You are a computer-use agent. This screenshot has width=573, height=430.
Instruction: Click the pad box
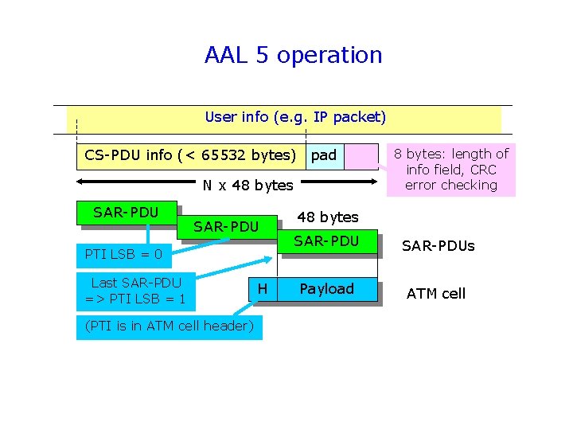[x=324, y=155]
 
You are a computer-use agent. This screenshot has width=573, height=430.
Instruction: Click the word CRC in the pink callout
[x=483, y=170]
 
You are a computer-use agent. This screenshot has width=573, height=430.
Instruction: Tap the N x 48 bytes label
[x=248, y=186]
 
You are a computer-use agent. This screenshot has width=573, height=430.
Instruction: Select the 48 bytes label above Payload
[x=327, y=217]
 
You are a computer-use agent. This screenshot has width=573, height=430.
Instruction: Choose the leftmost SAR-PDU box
[x=126, y=213]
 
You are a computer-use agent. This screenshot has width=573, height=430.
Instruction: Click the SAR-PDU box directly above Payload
[x=327, y=241]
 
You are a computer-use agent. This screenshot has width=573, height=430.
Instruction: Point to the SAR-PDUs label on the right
[x=438, y=246]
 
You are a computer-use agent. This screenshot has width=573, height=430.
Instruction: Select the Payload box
[x=327, y=289]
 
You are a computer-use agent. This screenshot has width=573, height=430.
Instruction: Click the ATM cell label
[x=436, y=294]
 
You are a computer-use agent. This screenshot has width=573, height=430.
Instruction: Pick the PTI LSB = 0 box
[x=124, y=255]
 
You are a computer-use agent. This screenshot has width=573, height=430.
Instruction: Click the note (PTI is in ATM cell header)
[x=169, y=326]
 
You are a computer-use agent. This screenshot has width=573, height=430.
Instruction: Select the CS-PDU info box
[x=190, y=155]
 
